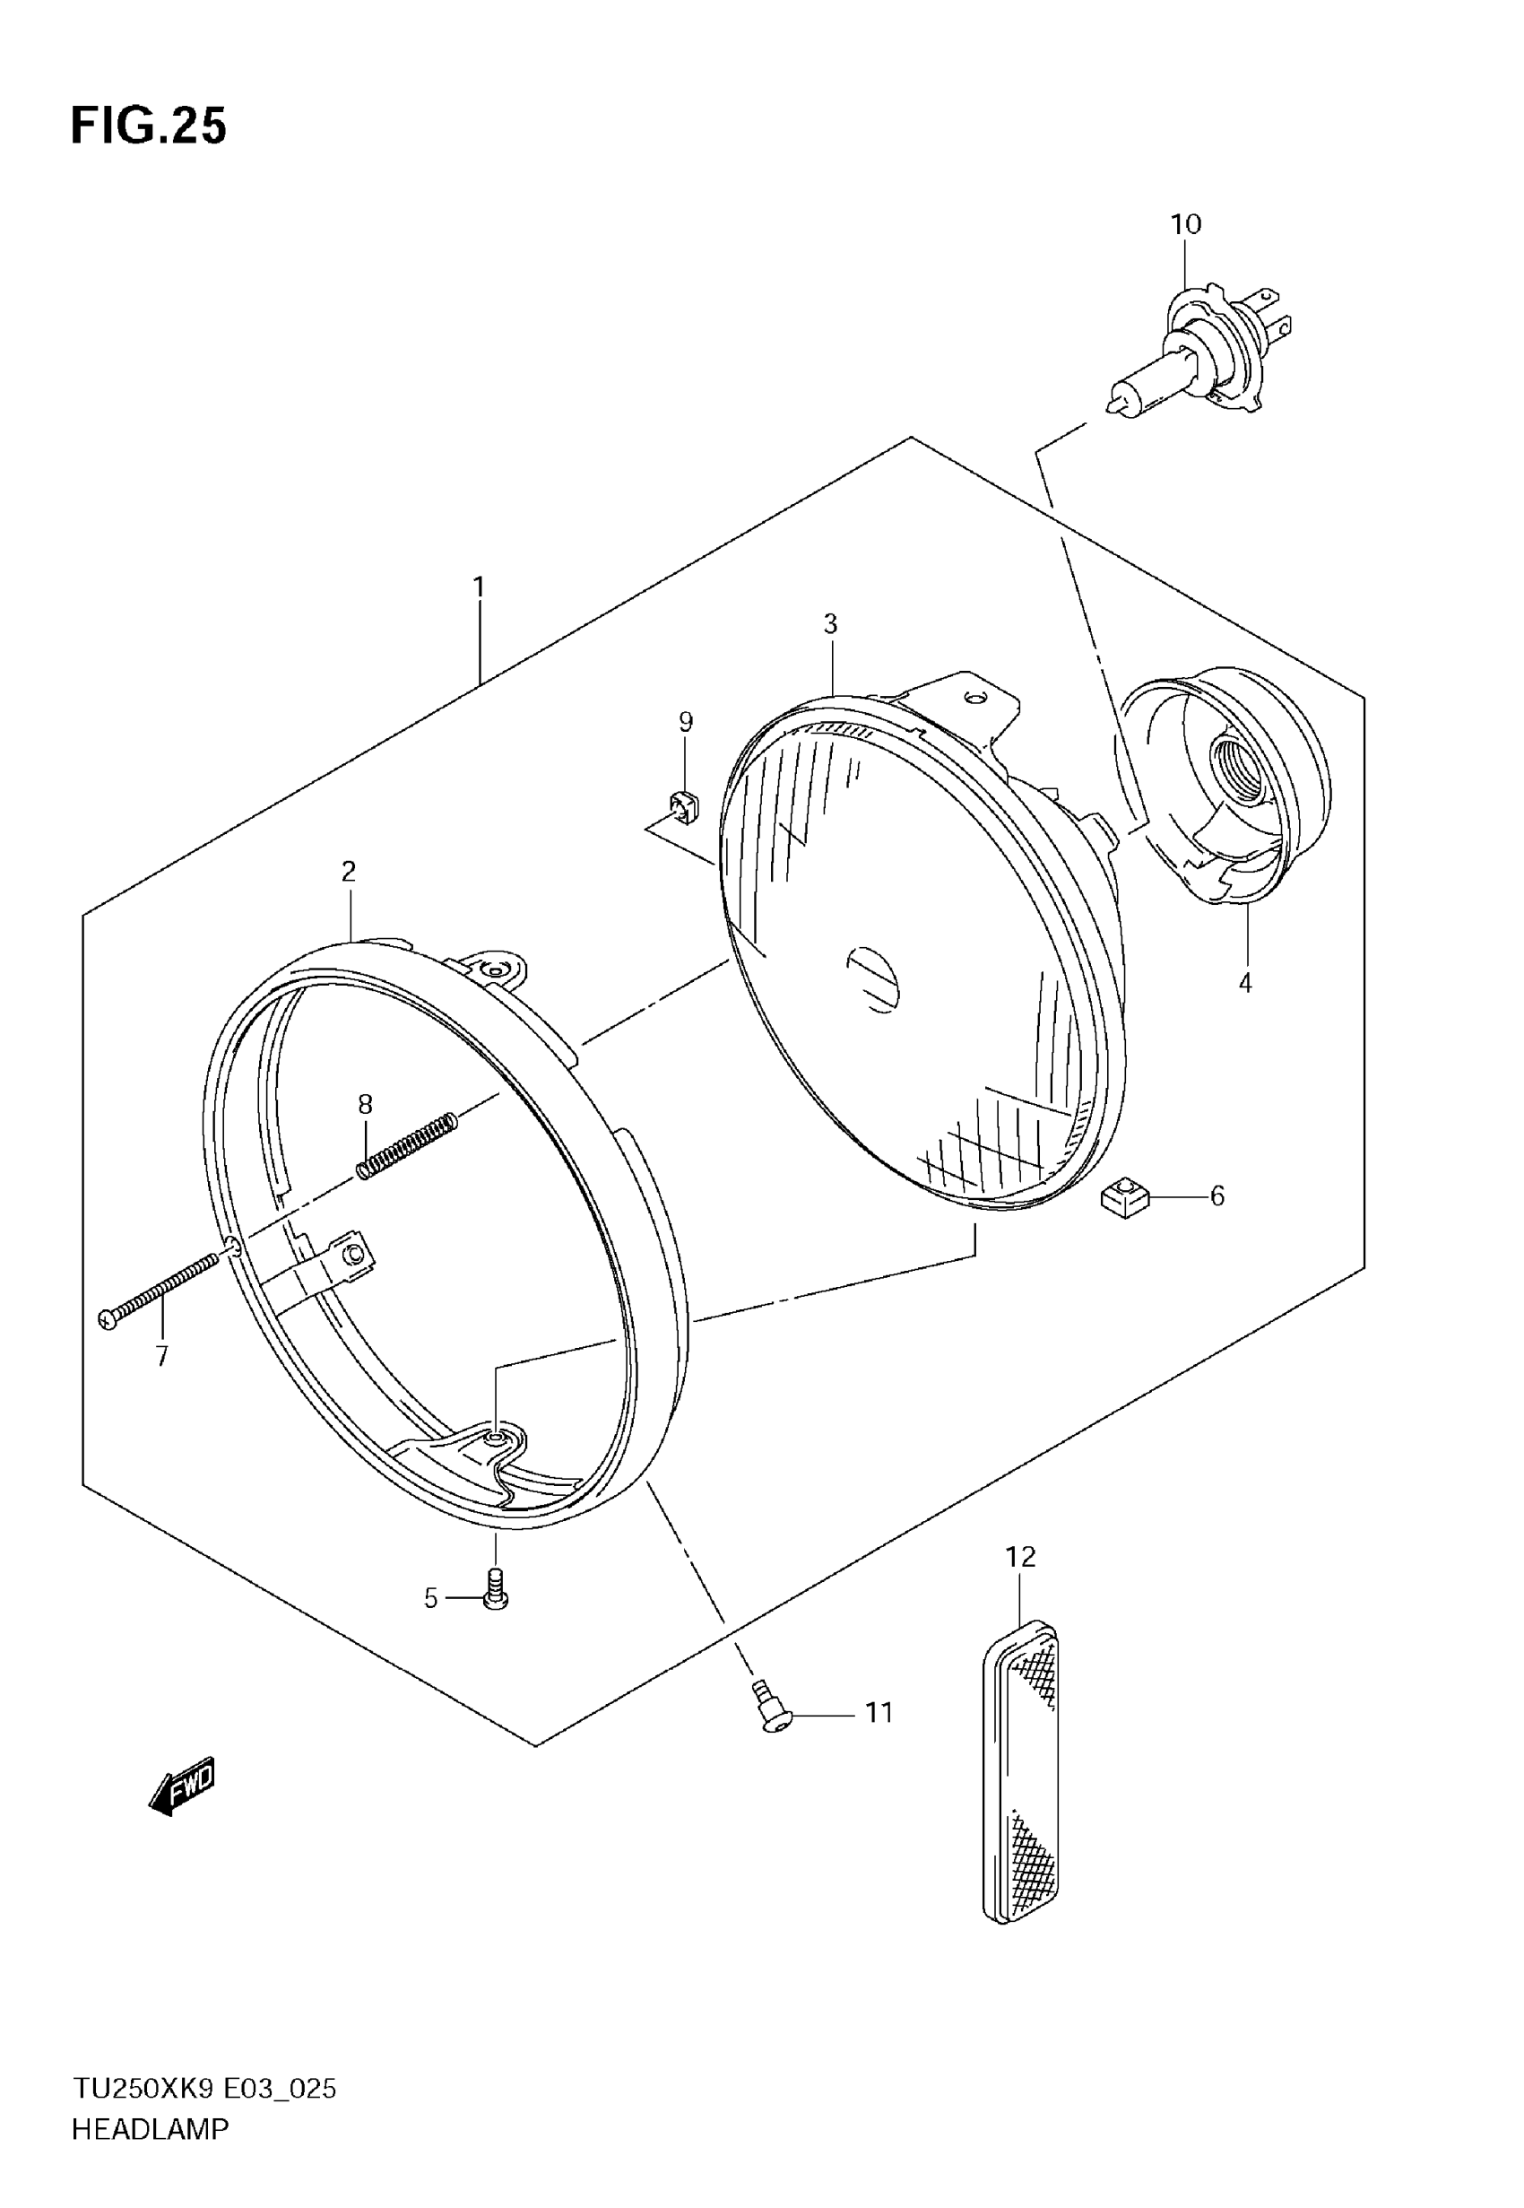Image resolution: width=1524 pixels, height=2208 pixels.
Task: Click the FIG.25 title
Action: [149, 126]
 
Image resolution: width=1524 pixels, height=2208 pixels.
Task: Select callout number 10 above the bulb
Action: [1185, 224]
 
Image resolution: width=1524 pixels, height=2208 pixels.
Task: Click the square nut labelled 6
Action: [1125, 1197]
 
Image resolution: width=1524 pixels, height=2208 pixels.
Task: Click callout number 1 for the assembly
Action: [479, 587]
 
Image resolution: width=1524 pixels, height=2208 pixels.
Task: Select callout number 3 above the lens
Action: [830, 623]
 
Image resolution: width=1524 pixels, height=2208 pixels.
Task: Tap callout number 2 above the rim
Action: [349, 871]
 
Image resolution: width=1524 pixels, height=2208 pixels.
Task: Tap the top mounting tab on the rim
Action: [495, 969]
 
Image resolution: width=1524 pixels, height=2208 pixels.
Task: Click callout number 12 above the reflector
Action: [1020, 1558]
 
